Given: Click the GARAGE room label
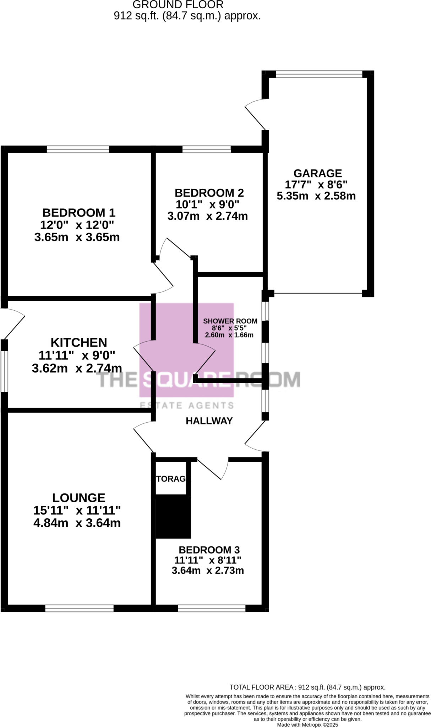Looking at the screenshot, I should tap(317, 173).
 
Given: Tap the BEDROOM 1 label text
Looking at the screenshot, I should tap(78, 213).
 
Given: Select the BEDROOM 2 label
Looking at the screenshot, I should tap(209, 193).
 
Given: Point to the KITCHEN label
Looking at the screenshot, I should tap(78, 342).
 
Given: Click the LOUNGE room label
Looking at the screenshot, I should tap(78, 497).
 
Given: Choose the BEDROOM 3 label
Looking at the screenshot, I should tap(209, 550).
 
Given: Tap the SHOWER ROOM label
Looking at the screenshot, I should tap(230, 321).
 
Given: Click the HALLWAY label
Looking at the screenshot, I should tap(209, 421).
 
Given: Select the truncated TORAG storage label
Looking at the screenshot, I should tap(171, 478).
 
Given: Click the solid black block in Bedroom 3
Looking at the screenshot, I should tap(173, 518).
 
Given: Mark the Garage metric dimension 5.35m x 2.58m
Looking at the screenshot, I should tap(316, 196).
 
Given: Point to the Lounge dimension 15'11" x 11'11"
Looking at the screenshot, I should tap(77, 510).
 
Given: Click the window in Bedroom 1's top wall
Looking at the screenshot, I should tap(78, 149).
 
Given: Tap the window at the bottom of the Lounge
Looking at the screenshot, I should tap(79, 608).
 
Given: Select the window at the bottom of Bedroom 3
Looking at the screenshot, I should tap(212, 608).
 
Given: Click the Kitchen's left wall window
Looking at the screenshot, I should tap(4, 371).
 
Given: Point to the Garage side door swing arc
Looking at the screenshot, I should tap(255, 114).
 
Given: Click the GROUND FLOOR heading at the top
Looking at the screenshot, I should tap(178, 5).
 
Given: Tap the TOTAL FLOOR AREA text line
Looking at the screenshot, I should tap(307, 687).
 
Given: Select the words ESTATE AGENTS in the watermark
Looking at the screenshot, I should tap(187, 405).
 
